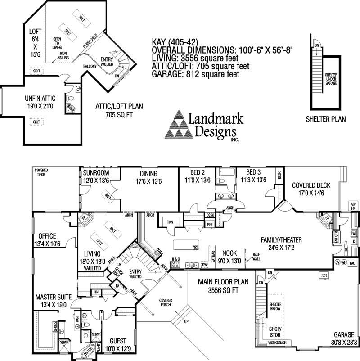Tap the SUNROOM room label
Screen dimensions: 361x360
click(96, 173)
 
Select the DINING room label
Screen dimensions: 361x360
click(148, 174)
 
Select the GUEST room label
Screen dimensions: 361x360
click(116, 341)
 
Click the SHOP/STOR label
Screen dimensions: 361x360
click(274, 332)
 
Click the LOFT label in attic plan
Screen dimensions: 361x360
click(36, 32)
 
